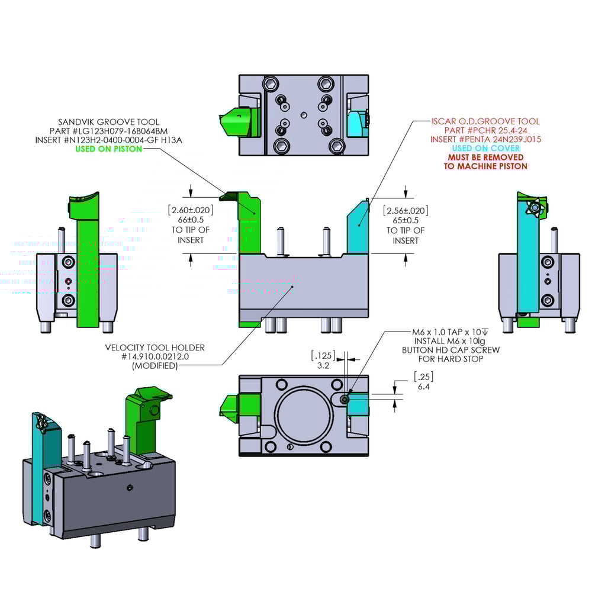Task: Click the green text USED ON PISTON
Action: (x=108, y=149)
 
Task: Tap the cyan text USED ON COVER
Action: (x=485, y=148)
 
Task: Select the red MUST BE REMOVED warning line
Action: (x=485, y=157)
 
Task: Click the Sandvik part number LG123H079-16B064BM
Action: (x=108, y=130)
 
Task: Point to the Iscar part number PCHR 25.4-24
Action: (x=485, y=130)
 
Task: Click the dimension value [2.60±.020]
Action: (x=191, y=210)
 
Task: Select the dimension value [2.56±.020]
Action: (x=406, y=211)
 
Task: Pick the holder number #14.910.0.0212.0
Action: (x=155, y=357)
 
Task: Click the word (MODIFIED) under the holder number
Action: (x=155, y=366)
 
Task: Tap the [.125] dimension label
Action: (x=323, y=355)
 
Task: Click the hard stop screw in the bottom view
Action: (x=346, y=400)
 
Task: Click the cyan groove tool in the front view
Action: (x=358, y=228)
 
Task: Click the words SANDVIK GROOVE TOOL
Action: (x=108, y=121)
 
